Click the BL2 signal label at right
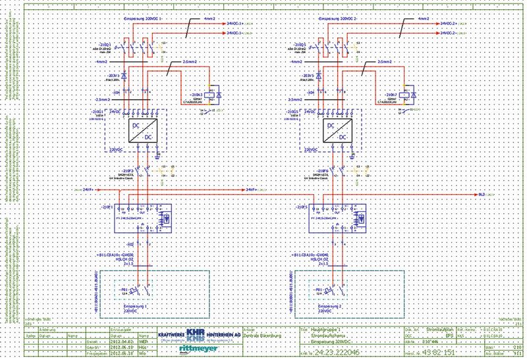pyautogui.click(x=482, y=195)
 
